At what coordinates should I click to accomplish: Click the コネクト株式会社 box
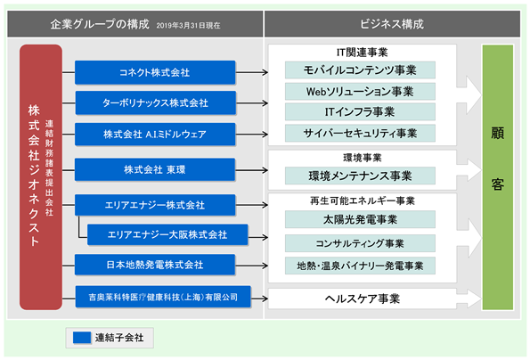pyautogui.click(x=155, y=72)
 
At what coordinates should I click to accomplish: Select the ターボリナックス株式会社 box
pyautogui.click(x=155, y=102)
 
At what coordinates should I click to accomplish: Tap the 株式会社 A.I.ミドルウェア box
pyautogui.click(x=155, y=135)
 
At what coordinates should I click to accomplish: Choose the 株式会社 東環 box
pyautogui.click(x=155, y=169)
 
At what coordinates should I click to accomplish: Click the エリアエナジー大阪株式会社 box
pyautogui.click(x=167, y=234)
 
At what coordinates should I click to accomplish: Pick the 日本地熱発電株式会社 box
pyautogui.click(x=155, y=265)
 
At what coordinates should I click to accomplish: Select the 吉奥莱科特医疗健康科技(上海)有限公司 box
pyautogui.click(x=163, y=297)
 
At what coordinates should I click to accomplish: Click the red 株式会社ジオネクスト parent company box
pyautogui.click(x=41, y=177)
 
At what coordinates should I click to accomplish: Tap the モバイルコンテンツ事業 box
pyautogui.click(x=360, y=70)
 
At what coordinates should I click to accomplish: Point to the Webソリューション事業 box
pyautogui.click(x=360, y=91)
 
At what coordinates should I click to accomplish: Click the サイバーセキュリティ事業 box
pyautogui.click(x=360, y=133)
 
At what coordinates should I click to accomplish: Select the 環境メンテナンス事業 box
pyautogui.click(x=360, y=176)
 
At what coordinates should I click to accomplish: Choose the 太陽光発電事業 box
pyautogui.click(x=360, y=219)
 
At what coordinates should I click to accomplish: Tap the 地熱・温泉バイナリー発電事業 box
pyautogui.click(x=360, y=266)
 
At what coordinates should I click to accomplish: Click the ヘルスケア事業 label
pyautogui.click(x=363, y=299)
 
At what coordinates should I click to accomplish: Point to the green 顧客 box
pyautogui.click(x=498, y=177)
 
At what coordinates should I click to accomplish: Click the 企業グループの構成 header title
pyautogui.click(x=100, y=24)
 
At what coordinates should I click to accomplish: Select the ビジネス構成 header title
pyautogui.click(x=392, y=24)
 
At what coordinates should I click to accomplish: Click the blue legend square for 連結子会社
pyautogui.click(x=82, y=338)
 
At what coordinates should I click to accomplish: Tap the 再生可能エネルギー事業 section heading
pyautogui.click(x=363, y=200)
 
